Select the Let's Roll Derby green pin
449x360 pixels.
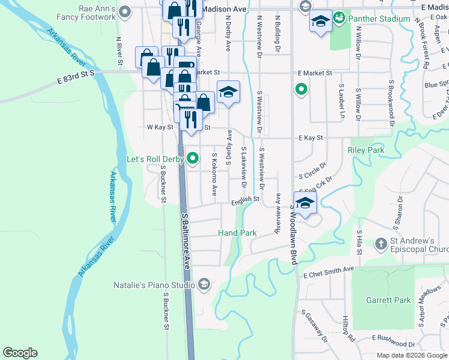point(193,159)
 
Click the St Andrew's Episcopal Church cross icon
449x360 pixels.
point(381,244)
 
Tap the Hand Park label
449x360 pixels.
point(237,233)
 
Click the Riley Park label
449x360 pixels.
point(366,150)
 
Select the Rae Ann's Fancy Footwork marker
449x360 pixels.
point(125,11)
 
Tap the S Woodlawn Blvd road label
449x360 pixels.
point(294,234)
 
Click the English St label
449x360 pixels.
point(246,199)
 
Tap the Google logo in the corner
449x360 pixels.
point(20,353)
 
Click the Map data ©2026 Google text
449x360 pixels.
point(411,355)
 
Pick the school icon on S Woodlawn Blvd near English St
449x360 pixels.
point(305,203)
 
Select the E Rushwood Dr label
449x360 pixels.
point(394,340)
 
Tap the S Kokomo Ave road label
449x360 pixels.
point(214,174)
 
